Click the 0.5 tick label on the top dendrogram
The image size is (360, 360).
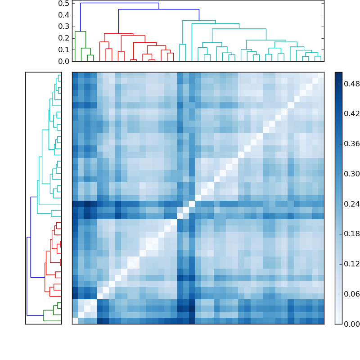click(63, 3)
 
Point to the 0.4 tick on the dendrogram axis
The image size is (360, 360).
click(63, 15)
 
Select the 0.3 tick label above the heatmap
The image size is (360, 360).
click(63, 27)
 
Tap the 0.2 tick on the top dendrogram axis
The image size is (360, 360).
click(63, 38)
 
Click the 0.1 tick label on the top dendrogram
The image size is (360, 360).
click(63, 49)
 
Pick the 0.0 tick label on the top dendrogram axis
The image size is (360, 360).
click(63, 61)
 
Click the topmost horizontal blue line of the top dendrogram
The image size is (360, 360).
click(119, 3)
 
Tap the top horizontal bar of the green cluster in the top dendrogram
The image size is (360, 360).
click(81, 31)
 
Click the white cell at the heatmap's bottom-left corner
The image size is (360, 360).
click(75, 321)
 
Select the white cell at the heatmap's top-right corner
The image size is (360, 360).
click(321, 75)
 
